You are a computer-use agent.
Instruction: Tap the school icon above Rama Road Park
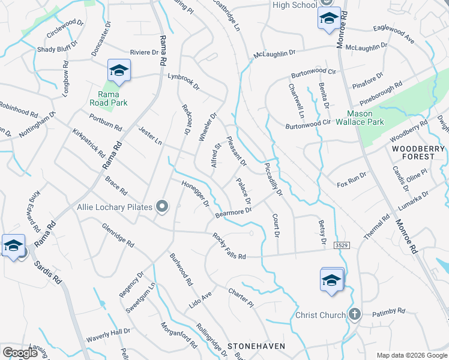119,71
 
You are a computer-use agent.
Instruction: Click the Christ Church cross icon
355,314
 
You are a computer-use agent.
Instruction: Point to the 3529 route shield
342,245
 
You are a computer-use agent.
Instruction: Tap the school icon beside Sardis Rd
13,246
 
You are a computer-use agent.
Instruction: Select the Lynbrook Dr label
183,82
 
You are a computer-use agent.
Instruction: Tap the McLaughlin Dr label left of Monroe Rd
275,53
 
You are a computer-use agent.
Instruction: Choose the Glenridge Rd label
118,235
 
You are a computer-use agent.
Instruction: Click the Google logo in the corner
20,353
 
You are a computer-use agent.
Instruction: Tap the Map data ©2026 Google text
412,355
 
